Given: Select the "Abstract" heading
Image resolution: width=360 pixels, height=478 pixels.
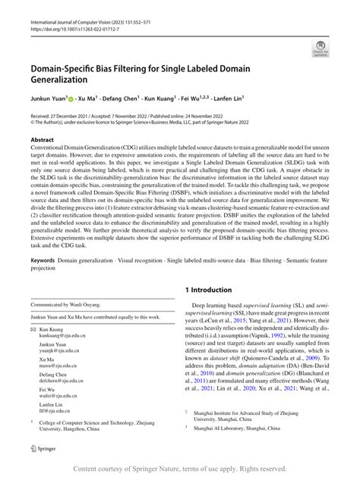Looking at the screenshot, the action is tap(43, 141).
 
